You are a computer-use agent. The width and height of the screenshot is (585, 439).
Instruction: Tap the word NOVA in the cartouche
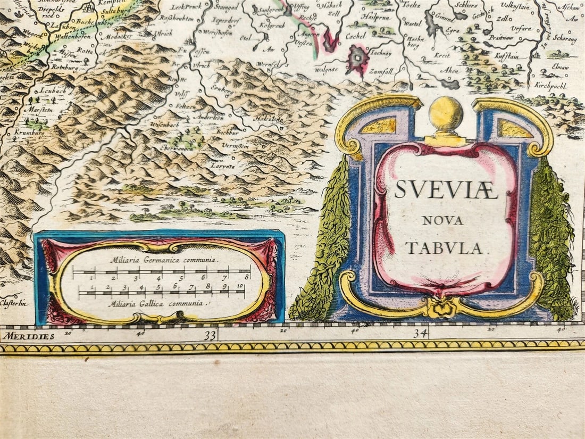pyautogui.click(x=442, y=220)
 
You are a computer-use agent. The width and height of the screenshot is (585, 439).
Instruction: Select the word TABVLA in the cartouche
pyautogui.click(x=444, y=248)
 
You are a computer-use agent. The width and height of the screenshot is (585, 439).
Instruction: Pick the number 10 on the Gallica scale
pyautogui.click(x=240, y=286)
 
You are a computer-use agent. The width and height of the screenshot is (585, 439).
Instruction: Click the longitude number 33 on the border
pyautogui.click(x=211, y=335)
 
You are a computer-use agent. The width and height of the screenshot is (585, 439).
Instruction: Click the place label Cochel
pyautogui.click(x=356, y=37)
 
